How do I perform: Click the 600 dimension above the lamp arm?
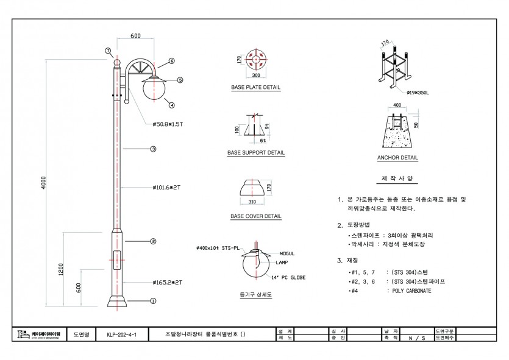pyautogui.click(x=135, y=36)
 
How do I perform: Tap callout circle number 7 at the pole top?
pyautogui.click(x=107, y=51)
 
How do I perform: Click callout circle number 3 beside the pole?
pyautogui.click(x=153, y=149)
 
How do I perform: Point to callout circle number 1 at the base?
pyautogui.click(x=153, y=300)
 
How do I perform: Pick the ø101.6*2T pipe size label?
pyautogui.click(x=166, y=188)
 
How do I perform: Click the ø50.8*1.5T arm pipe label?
pyautogui.click(x=168, y=124)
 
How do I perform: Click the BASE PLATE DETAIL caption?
pyautogui.click(x=255, y=88)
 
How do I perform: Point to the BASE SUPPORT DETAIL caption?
pyautogui.click(x=256, y=153)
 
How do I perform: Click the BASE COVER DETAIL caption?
pyautogui.click(x=256, y=216)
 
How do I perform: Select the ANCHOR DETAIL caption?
pyautogui.click(x=397, y=158)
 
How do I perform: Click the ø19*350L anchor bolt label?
pyautogui.click(x=419, y=93)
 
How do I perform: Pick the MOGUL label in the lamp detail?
pyautogui.click(x=288, y=253)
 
